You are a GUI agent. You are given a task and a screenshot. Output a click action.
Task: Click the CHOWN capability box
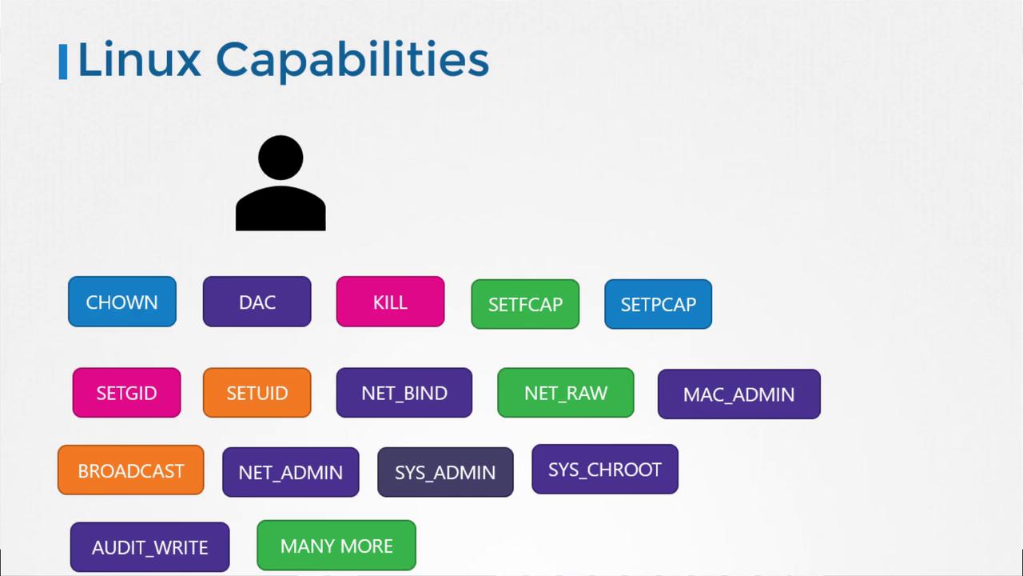pyautogui.click(x=122, y=302)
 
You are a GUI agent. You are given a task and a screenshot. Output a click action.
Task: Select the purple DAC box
pyautogui.click(x=257, y=302)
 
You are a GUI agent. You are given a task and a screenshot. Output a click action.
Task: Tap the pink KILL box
pyautogui.click(x=391, y=302)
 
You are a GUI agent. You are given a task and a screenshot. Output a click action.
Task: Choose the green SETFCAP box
pyautogui.click(x=525, y=304)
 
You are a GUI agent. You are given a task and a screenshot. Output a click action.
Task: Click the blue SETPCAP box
pyautogui.click(x=658, y=304)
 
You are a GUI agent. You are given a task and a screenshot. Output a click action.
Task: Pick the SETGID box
pyautogui.click(x=126, y=392)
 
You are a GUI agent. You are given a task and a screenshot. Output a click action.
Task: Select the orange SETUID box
pyautogui.click(x=257, y=392)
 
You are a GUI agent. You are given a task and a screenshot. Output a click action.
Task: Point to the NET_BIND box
pyautogui.click(x=404, y=392)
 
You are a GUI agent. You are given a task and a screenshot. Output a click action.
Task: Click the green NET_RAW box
pyautogui.click(x=566, y=392)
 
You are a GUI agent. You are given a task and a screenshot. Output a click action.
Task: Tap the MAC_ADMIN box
pyautogui.click(x=739, y=394)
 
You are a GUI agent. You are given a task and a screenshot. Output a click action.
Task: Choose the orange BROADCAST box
pyautogui.click(x=130, y=470)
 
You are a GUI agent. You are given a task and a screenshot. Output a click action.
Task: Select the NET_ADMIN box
pyautogui.click(x=291, y=472)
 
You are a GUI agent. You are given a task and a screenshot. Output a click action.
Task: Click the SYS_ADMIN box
pyautogui.click(x=445, y=472)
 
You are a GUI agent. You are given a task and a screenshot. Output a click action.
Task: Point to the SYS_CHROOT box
pyautogui.click(x=605, y=469)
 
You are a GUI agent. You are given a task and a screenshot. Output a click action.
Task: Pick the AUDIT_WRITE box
pyautogui.click(x=149, y=546)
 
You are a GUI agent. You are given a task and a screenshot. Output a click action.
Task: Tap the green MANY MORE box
pyautogui.click(x=336, y=545)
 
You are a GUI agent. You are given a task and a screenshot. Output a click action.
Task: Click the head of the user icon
pyautogui.click(x=281, y=158)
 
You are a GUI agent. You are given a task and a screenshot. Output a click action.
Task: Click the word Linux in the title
pyautogui.click(x=139, y=60)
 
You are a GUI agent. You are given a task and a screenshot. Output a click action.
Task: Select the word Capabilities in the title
pyautogui.click(x=352, y=62)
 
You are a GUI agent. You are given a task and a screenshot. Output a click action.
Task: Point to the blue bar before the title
pyautogui.click(x=63, y=62)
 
